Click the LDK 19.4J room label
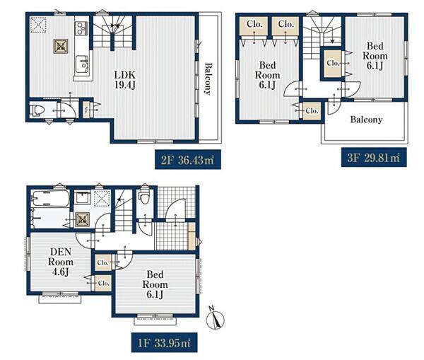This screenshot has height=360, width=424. [x=124, y=80]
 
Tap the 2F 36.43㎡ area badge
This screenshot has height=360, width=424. [x=188, y=160]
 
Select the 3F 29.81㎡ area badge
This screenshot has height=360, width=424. [x=374, y=157]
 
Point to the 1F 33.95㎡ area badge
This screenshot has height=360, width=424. [x=165, y=343]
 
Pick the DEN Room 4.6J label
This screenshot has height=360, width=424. [x=61, y=262]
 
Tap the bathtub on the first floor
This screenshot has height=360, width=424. [x=49, y=199]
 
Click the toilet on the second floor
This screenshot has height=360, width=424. [x=37, y=111]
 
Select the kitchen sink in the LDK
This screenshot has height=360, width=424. [x=82, y=64]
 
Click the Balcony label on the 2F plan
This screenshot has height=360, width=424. [x=208, y=79]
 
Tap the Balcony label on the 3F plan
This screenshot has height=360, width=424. [x=366, y=120]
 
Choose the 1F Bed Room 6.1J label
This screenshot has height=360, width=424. [x=155, y=284]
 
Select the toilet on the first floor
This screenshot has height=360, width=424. [x=144, y=198]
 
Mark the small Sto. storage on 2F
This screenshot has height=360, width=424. [x=86, y=110]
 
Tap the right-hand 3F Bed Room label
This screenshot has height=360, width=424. [x=375, y=56]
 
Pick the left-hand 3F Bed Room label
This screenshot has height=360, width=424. [x=267, y=75]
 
